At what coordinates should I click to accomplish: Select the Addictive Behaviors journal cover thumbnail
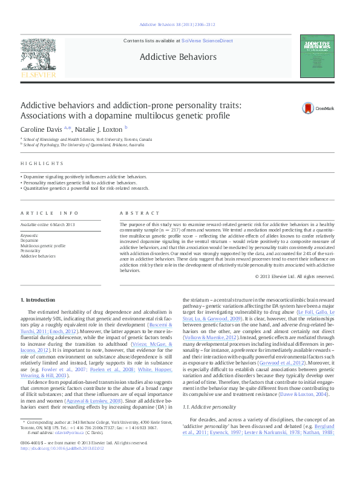coord(316,56)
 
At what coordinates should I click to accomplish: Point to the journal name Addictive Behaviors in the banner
coord(178,57)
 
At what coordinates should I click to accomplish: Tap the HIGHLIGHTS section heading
coord(42,164)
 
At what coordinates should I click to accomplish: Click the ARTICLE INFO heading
coord(50,213)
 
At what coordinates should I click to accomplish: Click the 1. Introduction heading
coord(38,300)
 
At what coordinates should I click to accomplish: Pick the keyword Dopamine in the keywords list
coord(30,241)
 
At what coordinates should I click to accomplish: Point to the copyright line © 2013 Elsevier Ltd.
coord(295,276)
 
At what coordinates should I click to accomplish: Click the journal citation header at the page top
coord(177,24)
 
